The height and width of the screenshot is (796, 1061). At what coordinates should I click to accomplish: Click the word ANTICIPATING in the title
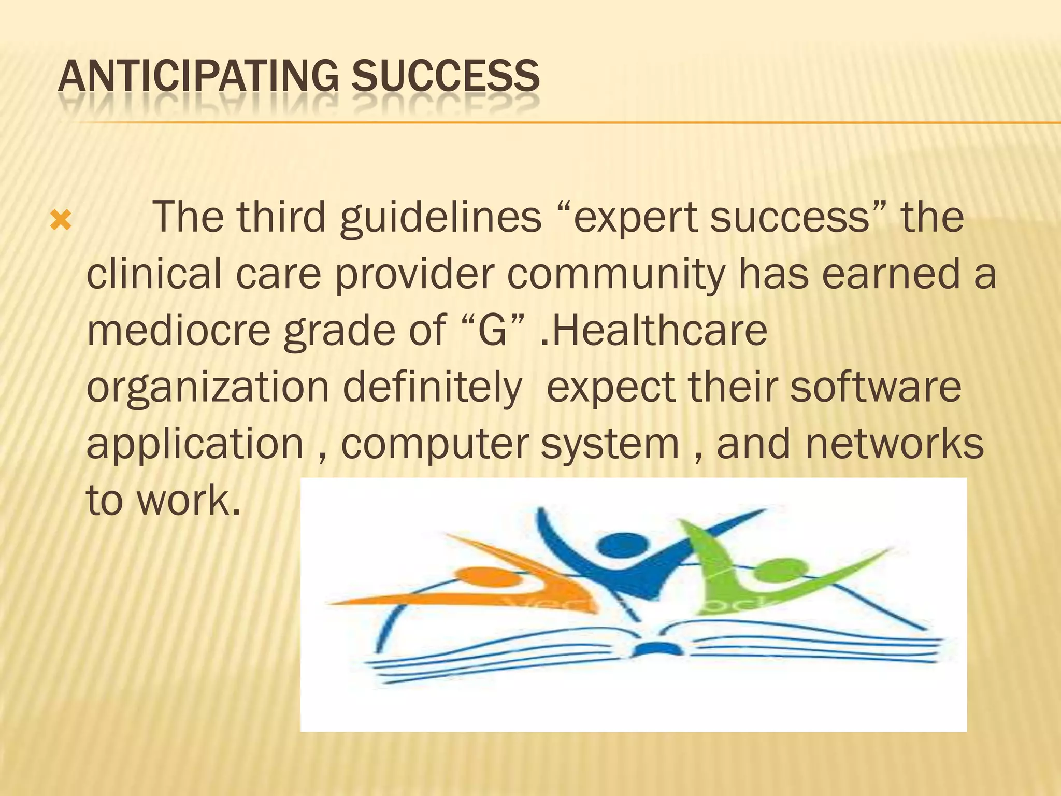click(198, 76)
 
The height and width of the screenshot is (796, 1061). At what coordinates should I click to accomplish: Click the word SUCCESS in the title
click(445, 76)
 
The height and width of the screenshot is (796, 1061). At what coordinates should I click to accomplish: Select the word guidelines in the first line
click(440, 218)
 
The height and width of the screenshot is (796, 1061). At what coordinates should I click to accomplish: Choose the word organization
click(207, 389)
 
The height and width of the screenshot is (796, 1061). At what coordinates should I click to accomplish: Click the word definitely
click(432, 389)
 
